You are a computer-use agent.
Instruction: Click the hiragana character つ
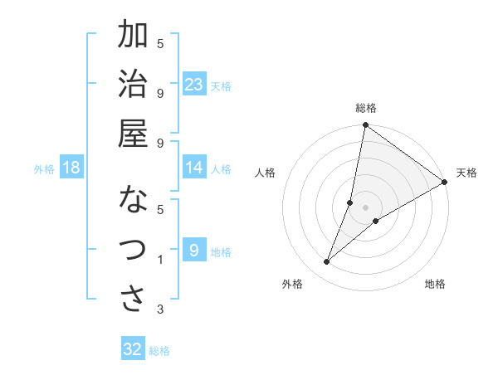(x=134, y=250)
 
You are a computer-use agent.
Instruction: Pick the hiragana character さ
(x=134, y=300)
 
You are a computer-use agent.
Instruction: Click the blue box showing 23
(x=194, y=84)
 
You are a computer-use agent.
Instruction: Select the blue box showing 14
(x=194, y=168)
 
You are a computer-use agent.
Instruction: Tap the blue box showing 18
(x=71, y=168)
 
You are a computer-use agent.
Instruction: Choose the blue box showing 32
(x=133, y=349)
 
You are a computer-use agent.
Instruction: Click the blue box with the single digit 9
(x=194, y=251)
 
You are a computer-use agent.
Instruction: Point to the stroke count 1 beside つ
(x=160, y=261)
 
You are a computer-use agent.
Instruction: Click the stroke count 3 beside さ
(x=160, y=310)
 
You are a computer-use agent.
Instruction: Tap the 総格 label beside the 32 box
(x=159, y=351)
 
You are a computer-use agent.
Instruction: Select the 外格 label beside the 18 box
(x=44, y=169)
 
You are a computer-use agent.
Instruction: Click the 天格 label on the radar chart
(x=466, y=173)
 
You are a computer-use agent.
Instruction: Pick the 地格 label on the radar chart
(x=435, y=284)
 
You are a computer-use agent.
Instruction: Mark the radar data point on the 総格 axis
(x=365, y=126)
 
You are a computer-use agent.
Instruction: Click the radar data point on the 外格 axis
(x=327, y=262)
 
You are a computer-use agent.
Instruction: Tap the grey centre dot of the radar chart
(x=365, y=207)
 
